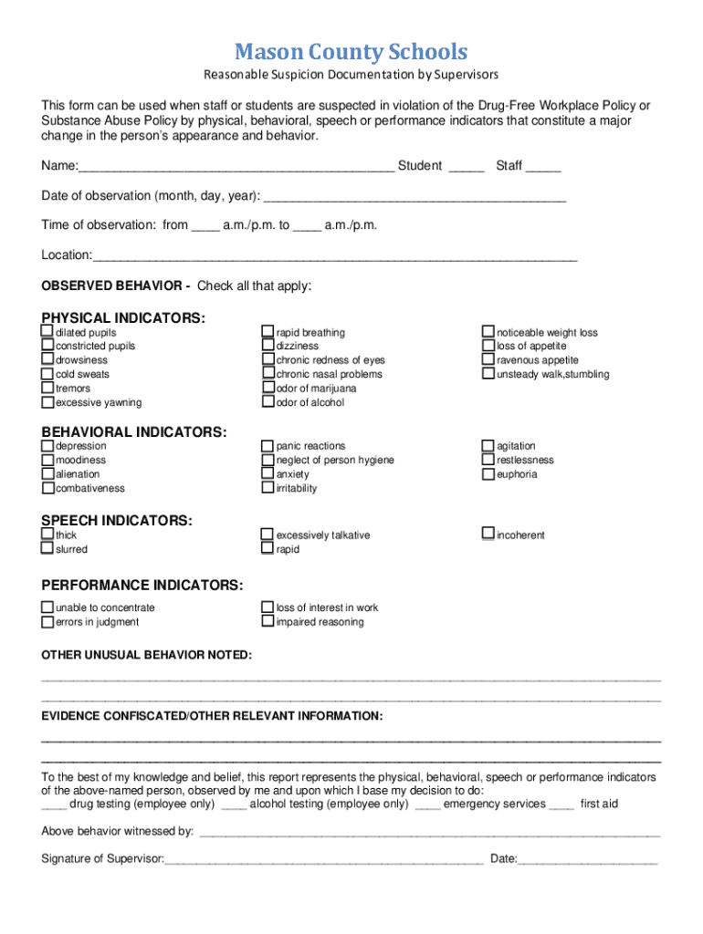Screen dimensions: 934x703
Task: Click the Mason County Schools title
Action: point(351,51)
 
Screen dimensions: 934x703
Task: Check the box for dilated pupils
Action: point(47,332)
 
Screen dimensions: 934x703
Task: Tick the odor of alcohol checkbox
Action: point(268,402)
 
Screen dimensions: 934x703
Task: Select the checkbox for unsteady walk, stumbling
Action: point(488,374)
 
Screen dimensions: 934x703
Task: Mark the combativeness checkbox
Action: point(47,488)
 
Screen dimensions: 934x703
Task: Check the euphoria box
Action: point(488,474)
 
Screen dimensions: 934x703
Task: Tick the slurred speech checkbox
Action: point(47,549)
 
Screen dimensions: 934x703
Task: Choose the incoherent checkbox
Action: point(488,534)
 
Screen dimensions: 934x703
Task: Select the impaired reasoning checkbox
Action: point(268,622)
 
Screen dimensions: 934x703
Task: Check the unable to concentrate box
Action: point(47,607)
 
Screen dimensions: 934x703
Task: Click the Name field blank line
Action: point(236,167)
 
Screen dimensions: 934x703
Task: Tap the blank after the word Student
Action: point(467,167)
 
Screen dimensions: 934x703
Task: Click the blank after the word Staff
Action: point(543,167)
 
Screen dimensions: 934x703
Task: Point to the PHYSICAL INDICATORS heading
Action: point(123,317)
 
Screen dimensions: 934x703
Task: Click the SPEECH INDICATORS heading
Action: point(117,520)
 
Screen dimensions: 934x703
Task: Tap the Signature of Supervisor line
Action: point(323,859)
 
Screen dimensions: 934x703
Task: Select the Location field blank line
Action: point(335,256)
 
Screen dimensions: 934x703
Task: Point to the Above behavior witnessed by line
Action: point(429,832)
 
